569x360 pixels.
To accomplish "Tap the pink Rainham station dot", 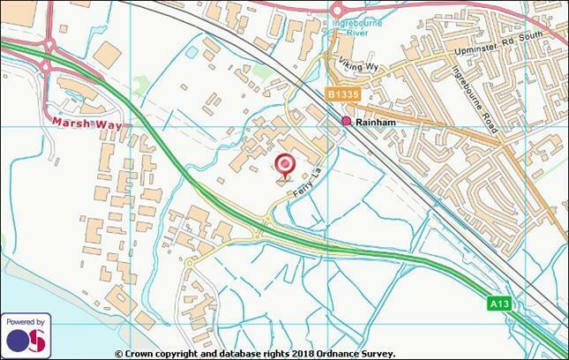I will click(x=347, y=121).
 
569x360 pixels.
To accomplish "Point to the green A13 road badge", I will click(x=498, y=303).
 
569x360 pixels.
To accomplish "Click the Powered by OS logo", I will click(x=26, y=335).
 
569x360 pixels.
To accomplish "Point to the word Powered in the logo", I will click(x=26, y=322).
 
